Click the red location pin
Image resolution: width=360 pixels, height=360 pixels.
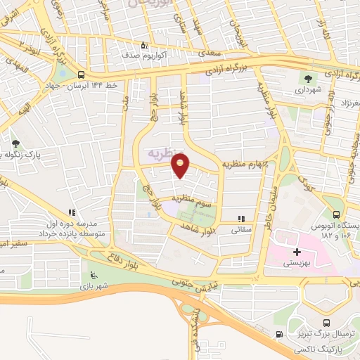(181, 165)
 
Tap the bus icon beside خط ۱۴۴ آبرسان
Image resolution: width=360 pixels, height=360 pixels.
(82, 75)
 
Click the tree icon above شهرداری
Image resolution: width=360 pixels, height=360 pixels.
(307, 77)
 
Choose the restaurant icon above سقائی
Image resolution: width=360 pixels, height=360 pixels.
(242, 219)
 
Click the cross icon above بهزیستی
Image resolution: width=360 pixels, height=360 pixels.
(297, 251)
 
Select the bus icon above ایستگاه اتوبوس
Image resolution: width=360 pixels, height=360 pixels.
(336, 215)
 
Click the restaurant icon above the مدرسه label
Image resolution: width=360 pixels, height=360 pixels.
(71, 212)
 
